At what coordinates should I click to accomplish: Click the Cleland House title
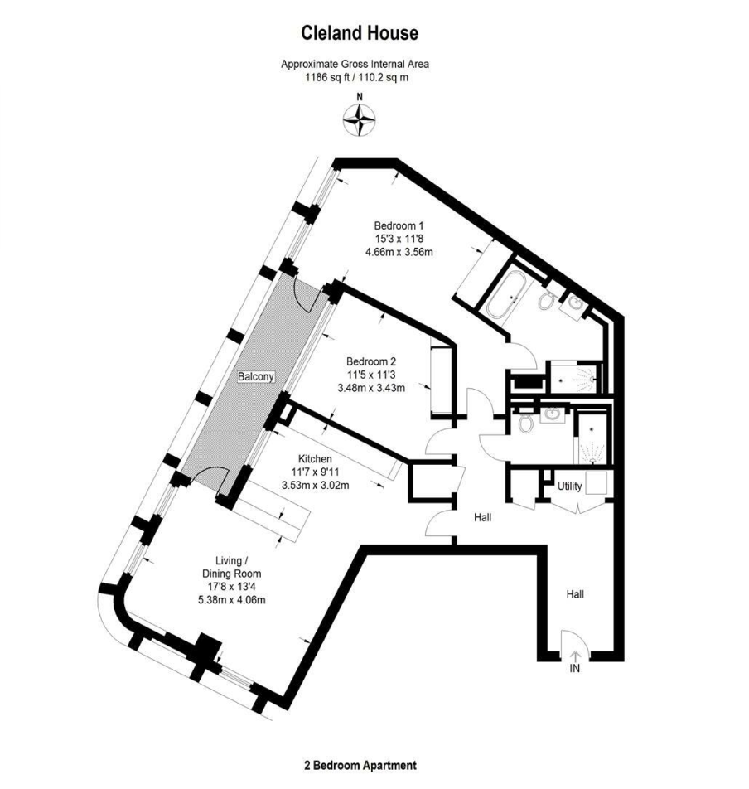(360, 33)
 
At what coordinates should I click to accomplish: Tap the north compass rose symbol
(359, 120)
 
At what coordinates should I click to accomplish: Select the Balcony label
(256, 376)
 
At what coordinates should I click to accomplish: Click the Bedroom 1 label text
(399, 225)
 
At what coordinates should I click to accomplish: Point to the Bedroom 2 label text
(371, 361)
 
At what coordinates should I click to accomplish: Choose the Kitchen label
(315, 459)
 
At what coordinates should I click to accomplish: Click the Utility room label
(569, 486)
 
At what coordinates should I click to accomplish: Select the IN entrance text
(574, 668)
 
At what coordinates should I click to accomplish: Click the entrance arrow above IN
(574, 656)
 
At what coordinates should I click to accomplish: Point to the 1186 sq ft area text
(326, 78)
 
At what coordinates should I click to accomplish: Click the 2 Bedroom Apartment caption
(360, 765)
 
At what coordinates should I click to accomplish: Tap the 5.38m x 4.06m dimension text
(232, 600)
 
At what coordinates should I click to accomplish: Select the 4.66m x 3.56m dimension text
(399, 252)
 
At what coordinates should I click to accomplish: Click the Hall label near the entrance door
(575, 594)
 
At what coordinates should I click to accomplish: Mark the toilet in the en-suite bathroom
(545, 300)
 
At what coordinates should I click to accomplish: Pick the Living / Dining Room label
(232, 567)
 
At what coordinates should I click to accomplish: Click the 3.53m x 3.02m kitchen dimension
(316, 486)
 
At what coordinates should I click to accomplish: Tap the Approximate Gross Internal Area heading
(355, 64)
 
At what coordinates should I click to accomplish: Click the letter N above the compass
(359, 97)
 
